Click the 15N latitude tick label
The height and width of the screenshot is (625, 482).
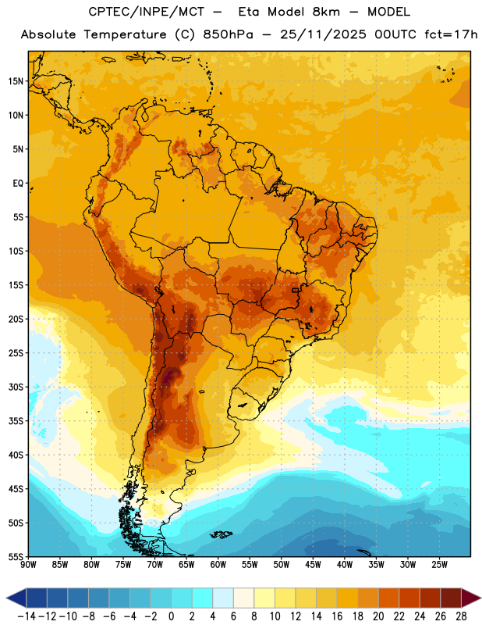(16, 81)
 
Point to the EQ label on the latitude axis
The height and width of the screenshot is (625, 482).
(18, 184)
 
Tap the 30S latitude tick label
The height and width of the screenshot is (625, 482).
(16, 387)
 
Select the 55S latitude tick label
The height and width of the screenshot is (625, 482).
(16, 556)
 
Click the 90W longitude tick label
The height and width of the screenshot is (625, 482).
(28, 565)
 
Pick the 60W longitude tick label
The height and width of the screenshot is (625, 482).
(218, 565)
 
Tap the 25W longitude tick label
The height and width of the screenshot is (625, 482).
(439, 565)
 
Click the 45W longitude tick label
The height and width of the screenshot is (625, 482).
(313, 565)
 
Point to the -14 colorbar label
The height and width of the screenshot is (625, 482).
(27, 616)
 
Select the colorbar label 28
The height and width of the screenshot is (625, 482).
(461, 616)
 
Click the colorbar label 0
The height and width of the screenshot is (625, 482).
(171, 616)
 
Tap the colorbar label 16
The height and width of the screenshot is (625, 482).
(337, 616)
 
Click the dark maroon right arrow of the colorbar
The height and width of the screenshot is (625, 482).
(471, 598)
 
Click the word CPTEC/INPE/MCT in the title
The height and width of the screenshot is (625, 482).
(147, 12)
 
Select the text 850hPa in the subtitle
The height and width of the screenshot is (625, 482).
(228, 34)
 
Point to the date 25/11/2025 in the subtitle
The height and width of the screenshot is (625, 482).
(323, 34)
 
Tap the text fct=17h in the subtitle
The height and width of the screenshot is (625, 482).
(451, 34)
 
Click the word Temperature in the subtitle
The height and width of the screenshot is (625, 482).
(125, 35)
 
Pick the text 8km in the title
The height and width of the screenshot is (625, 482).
(326, 12)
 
